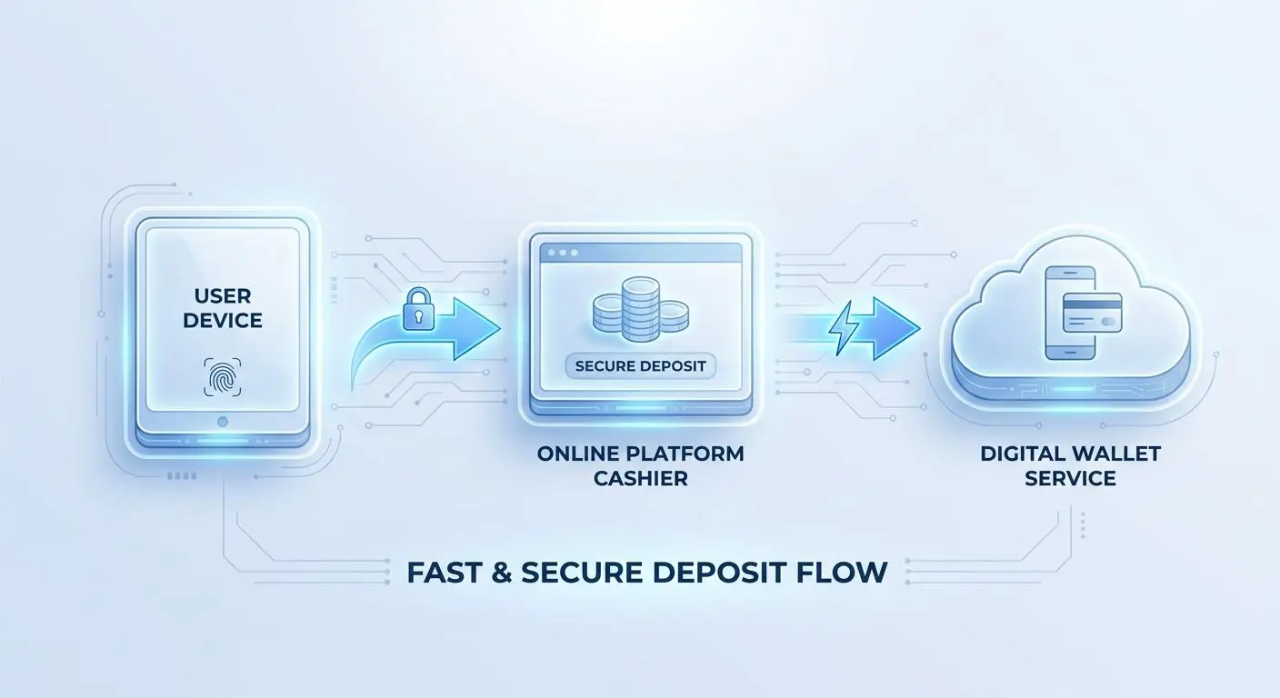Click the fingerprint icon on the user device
223,377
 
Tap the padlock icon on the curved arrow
419,309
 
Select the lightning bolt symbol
844,328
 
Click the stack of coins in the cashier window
641,309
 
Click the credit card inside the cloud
1092,313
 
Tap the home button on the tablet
223,422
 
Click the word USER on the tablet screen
223,296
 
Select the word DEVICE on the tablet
223,321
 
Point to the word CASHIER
641,479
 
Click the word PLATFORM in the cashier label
685,454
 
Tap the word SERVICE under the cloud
1070,479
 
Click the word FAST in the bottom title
444,573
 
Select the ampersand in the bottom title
501,573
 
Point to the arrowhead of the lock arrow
474,328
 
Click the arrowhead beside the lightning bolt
895,328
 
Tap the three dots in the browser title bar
563,253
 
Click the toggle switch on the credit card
1107,322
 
